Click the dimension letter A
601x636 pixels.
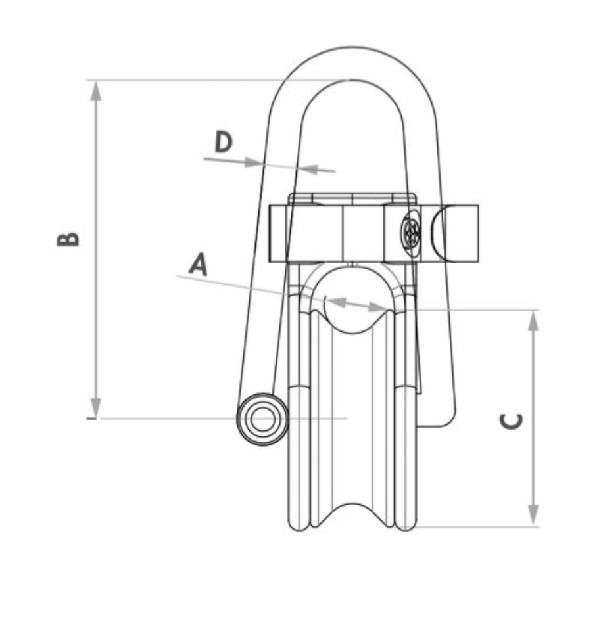[199, 264]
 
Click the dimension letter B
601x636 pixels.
[68, 239]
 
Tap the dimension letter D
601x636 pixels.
[223, 141]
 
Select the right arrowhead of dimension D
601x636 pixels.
[308, 169]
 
